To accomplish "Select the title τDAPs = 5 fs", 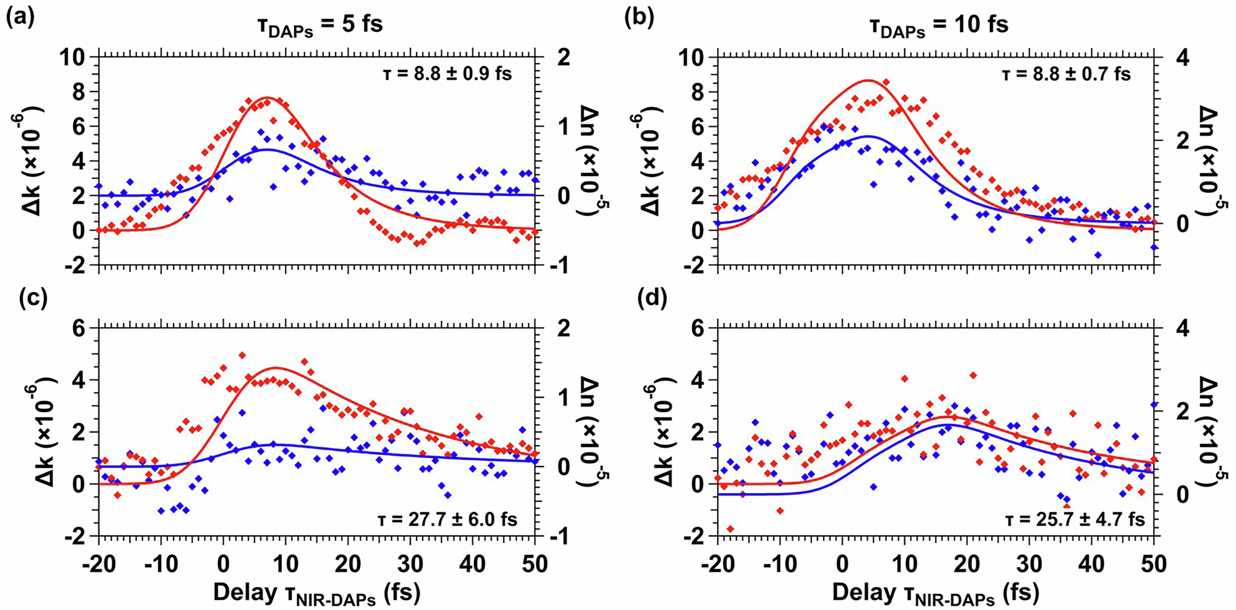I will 320,25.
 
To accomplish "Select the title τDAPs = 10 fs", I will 941,25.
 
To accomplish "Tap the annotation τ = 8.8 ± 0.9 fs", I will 445,74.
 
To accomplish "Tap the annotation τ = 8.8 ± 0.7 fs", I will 1066,75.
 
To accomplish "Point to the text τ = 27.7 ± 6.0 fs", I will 447,519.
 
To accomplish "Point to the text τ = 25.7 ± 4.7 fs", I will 1075,519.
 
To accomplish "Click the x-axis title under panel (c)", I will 317,593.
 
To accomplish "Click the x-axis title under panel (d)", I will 936,593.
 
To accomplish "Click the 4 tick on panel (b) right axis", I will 1178,57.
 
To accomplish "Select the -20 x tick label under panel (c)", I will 98,564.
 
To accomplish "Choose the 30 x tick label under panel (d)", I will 1029,564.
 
